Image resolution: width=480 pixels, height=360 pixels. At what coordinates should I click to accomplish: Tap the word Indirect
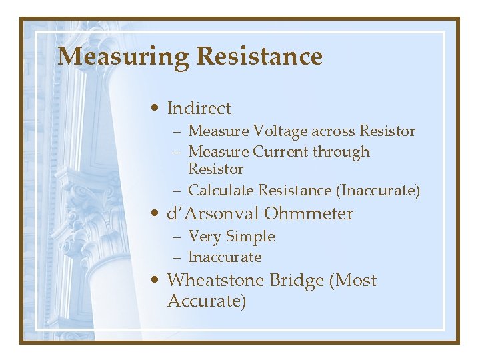pos(199,108)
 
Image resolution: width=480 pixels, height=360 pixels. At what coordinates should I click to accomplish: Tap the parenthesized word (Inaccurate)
pos(378,191)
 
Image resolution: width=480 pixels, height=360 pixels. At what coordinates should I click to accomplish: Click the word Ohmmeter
pos(309,214)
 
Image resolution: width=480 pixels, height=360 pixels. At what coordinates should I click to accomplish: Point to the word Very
pos(205,237)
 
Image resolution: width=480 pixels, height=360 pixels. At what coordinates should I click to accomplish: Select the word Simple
pos(250,237)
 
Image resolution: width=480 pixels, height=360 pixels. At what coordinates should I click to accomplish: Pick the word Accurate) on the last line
pos(207,301)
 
